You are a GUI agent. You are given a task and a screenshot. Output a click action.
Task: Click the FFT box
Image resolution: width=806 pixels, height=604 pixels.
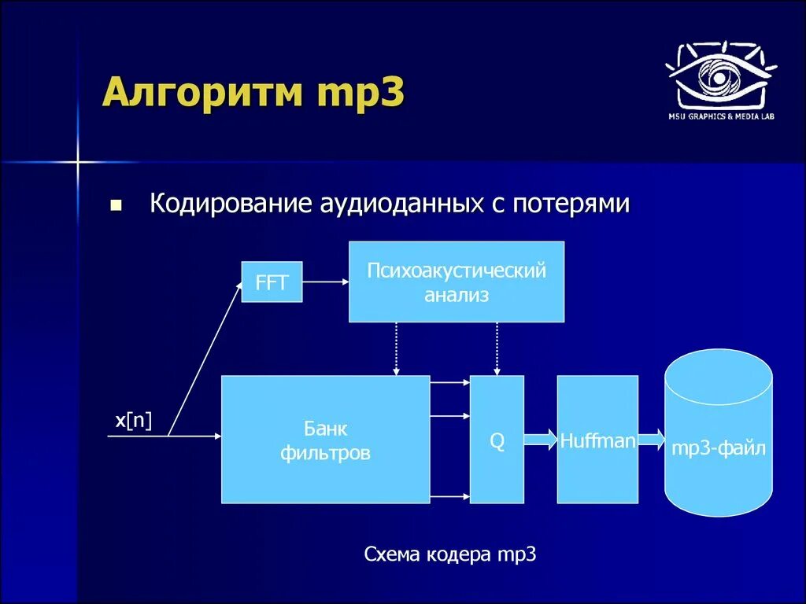click(x=272, y=282)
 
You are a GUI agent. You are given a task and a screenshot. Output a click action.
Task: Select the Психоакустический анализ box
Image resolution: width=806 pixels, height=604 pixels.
click(x=457, y=282)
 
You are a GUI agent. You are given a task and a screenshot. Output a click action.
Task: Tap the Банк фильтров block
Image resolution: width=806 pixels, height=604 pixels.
click(x=325, y=440)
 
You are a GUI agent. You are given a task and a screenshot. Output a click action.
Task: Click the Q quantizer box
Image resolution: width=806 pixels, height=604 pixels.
click(x=497, y=440)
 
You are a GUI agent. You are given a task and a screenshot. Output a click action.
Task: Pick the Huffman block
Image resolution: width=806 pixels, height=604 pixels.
click(x=597, y=440)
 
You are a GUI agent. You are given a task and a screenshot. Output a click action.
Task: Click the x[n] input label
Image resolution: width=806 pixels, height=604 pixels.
click(x=133, y=422)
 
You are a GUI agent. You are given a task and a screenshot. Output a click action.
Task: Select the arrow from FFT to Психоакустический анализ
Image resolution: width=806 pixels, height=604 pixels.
click(x=325, y=282)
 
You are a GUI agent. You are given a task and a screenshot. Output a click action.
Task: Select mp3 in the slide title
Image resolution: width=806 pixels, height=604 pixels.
click(x=360, y=94)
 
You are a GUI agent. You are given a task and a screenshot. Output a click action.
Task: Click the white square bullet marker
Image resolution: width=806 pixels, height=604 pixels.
click(x=116, y=206)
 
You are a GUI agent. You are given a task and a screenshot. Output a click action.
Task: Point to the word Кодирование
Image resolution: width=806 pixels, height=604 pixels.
click(x=232, y=204)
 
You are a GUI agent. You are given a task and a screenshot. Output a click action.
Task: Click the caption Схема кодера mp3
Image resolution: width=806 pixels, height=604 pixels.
click(x=450, y=554)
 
